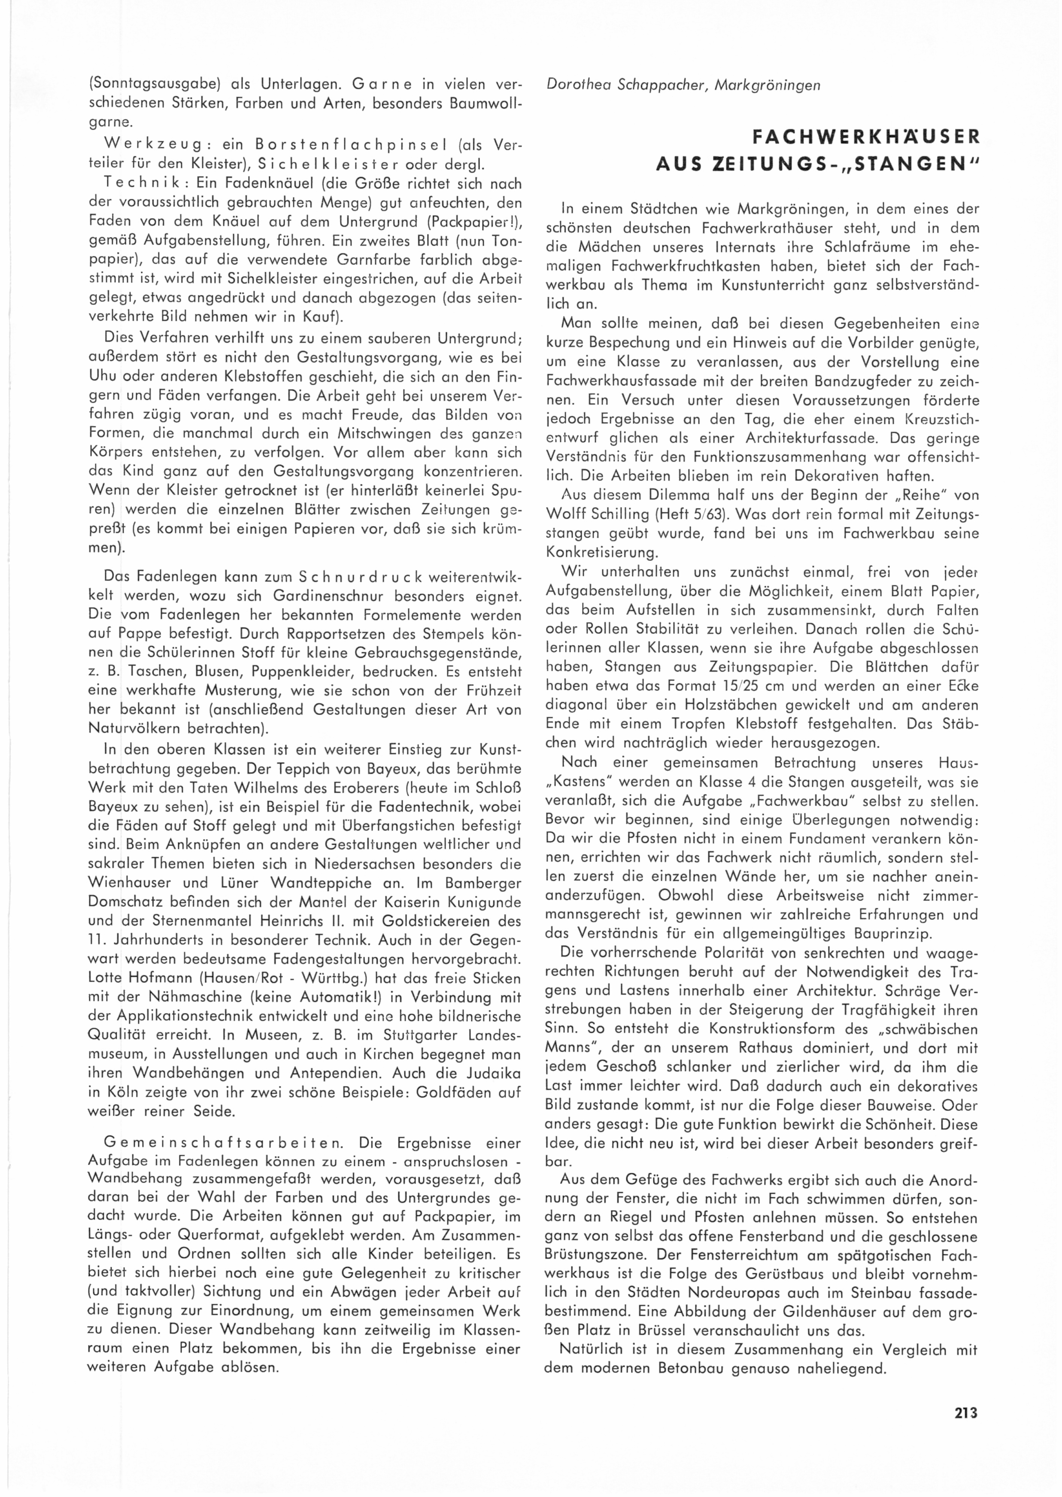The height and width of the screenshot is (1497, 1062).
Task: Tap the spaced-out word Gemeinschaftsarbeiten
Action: [221, 1143]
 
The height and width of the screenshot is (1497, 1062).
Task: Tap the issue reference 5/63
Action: [743, 515]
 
